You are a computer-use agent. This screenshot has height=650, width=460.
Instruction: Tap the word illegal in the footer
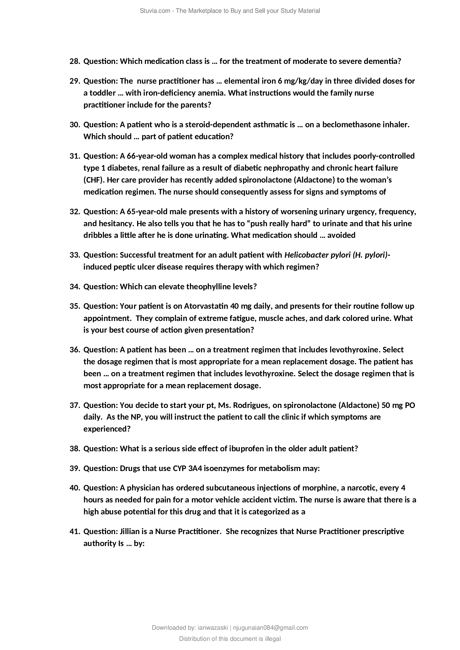(x=271, y=639)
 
